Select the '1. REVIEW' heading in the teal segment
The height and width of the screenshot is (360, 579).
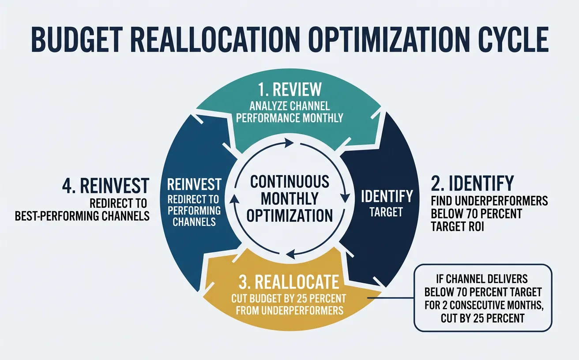tap(290, 90)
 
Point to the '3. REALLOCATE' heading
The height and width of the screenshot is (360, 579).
tap(289, 282)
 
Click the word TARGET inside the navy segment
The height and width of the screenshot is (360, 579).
tap(386, 212)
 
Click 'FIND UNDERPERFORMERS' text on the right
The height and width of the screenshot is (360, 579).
tap(489, 202)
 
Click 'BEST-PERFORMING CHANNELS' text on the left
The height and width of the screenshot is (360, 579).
tap(82, 216)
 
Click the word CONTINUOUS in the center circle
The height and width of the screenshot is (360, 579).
tap(289, 181)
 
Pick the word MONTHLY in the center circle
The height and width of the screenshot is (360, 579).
tap(289, 198)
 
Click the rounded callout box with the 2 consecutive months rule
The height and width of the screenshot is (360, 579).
tap(483, 298)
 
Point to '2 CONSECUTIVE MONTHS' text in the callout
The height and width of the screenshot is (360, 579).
tap(483, 304)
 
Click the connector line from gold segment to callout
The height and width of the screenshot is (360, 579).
tap(391, 298)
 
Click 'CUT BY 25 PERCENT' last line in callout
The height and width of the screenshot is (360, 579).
tap(482, 318)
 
